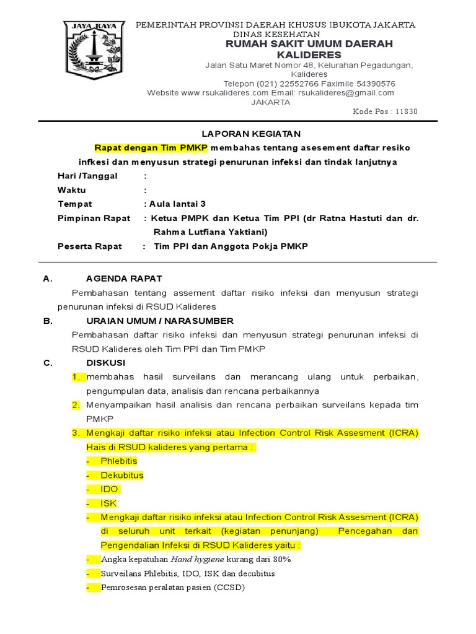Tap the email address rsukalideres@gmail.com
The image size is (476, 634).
[346, 93]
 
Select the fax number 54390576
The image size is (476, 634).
[374, 84]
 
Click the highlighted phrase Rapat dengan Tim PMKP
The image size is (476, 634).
[151, 148]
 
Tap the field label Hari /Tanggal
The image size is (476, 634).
[87, 176]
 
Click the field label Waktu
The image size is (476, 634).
[72, 190]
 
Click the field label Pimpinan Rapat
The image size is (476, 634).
[94, 218]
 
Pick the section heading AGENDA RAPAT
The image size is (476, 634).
[124, 279]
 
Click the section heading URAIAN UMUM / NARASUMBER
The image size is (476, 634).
[159, 321]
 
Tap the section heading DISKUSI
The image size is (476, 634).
[105, 363]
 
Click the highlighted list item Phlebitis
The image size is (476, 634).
[119, 461]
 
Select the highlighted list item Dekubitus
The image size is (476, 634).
[122, 475]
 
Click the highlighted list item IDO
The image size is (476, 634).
[110, 489]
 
